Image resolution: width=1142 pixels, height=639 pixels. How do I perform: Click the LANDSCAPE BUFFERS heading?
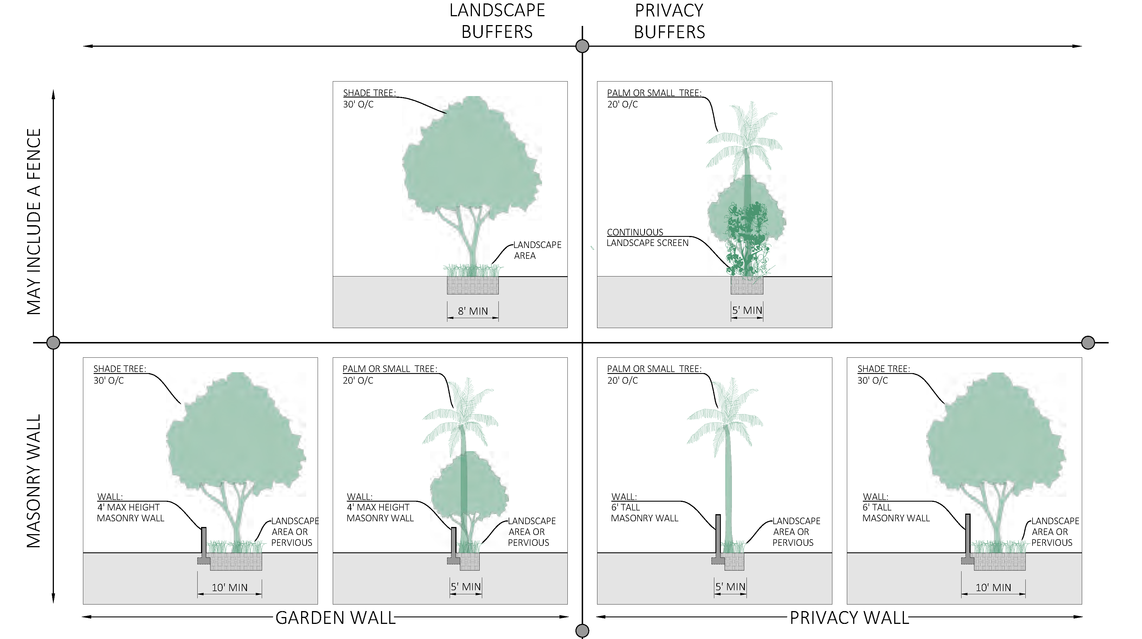[x=497, y=21]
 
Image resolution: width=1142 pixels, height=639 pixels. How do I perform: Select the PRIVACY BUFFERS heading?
[x=669, y=21]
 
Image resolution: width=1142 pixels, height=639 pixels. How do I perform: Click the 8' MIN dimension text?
[x=472, y=311]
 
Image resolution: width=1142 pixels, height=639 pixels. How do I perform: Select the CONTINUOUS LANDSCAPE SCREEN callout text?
[x=647, y=237]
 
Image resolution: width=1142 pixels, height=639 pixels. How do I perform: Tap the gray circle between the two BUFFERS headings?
[x=582, y=46]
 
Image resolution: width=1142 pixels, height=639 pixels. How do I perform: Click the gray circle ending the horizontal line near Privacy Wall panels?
[x=1088, y=343]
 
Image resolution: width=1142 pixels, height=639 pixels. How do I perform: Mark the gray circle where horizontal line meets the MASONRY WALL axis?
[x=53, y=343]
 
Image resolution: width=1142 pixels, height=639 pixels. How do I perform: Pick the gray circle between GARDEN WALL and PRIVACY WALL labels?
[x=582, y=630]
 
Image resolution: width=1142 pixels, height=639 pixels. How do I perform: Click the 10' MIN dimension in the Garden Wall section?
[x=230, y=588]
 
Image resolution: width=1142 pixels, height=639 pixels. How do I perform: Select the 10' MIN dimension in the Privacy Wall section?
[x=993, y=588]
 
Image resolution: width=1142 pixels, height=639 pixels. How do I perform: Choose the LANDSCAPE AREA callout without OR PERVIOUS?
[x=537, y=250]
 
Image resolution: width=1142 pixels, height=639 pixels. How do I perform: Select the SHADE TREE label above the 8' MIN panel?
[x=369, y=93]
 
